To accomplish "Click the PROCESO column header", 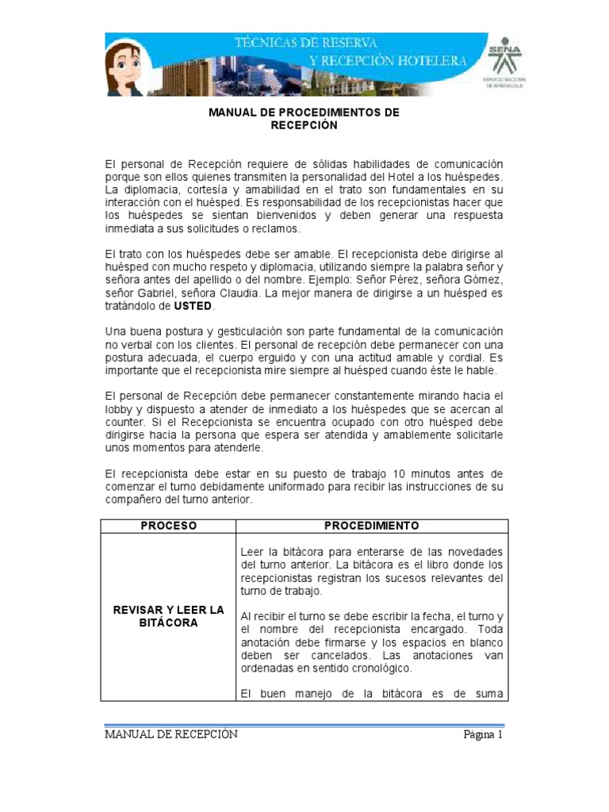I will click(168, 526).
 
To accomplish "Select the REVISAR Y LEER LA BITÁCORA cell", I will click(169, 616).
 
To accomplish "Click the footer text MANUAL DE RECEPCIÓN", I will click(171, 734).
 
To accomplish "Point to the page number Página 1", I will click(483, 734).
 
